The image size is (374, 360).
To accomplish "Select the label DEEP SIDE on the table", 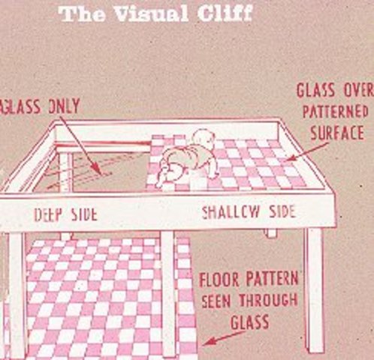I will pyautogui.click(x=65, y=214).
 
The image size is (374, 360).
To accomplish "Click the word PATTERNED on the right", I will pyautogui.click(x=336, y=112).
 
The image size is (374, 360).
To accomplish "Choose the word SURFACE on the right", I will pyautogui.click(x=336, y=133).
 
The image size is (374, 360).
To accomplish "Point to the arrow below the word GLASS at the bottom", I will pyautogui.click(x=225, y=337).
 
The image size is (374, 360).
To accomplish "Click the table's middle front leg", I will pyautogui.click(x=168, y=292).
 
